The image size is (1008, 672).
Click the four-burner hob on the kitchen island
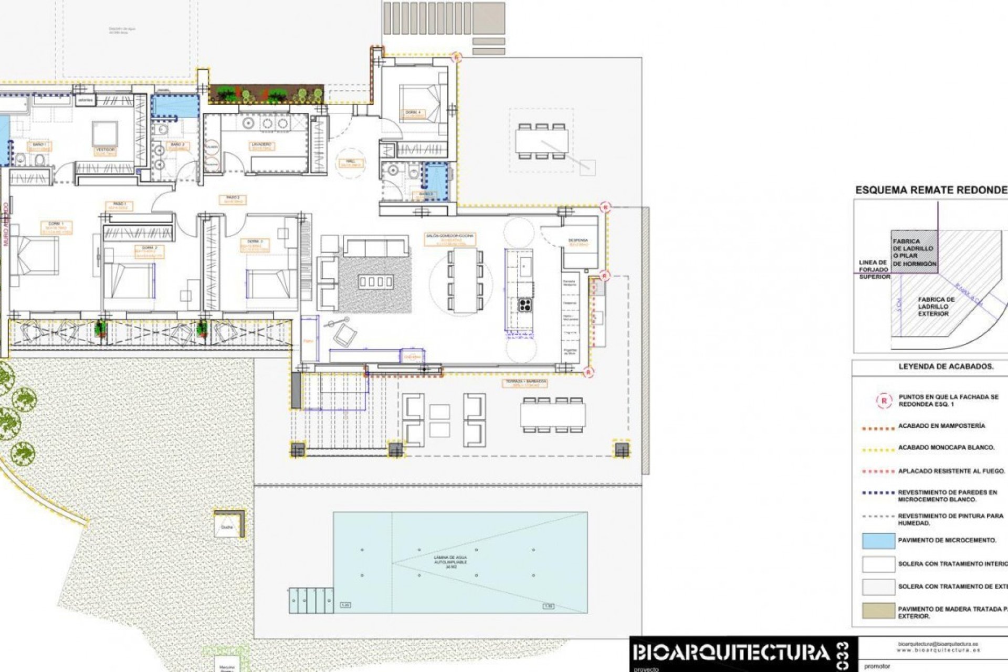coord(526,305)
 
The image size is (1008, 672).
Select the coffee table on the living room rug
coord(375,282)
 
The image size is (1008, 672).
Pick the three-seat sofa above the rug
coord(376,246)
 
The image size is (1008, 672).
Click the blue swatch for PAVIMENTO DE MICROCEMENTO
coord(878,540)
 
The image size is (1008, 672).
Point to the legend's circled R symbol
coord(884,401)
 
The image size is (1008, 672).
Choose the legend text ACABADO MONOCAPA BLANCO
coord(946,447)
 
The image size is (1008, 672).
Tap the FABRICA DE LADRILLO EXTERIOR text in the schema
coord(937,307)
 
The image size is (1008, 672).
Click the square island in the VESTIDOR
coord(105,133)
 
